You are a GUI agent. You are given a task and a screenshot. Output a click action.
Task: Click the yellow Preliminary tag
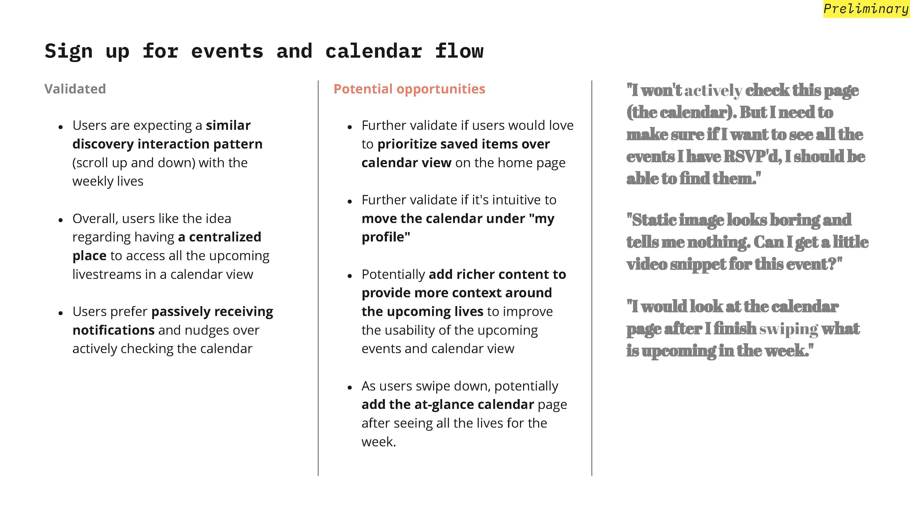[866, 9]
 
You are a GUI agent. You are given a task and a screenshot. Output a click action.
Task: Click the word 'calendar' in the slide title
[373, 51]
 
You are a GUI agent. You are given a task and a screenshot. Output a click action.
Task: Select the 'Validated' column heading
[75, 89]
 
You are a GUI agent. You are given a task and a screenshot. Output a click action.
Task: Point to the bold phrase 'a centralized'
[219, 237]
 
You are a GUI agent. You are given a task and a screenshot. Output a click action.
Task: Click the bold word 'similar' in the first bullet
[228, 125]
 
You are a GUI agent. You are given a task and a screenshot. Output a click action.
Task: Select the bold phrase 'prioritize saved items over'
[463, 144]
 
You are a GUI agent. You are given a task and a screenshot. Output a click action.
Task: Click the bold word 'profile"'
[386, 237]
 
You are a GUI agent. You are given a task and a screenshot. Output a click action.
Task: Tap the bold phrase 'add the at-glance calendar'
[448, 404]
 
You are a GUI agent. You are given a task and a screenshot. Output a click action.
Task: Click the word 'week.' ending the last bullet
[379, 442]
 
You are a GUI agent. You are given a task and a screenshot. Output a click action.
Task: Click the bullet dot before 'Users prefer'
[61, 313]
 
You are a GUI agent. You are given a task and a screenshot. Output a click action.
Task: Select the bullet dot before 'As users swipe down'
[350, 388]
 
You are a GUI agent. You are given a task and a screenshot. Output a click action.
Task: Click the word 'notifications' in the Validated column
[113, 330]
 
